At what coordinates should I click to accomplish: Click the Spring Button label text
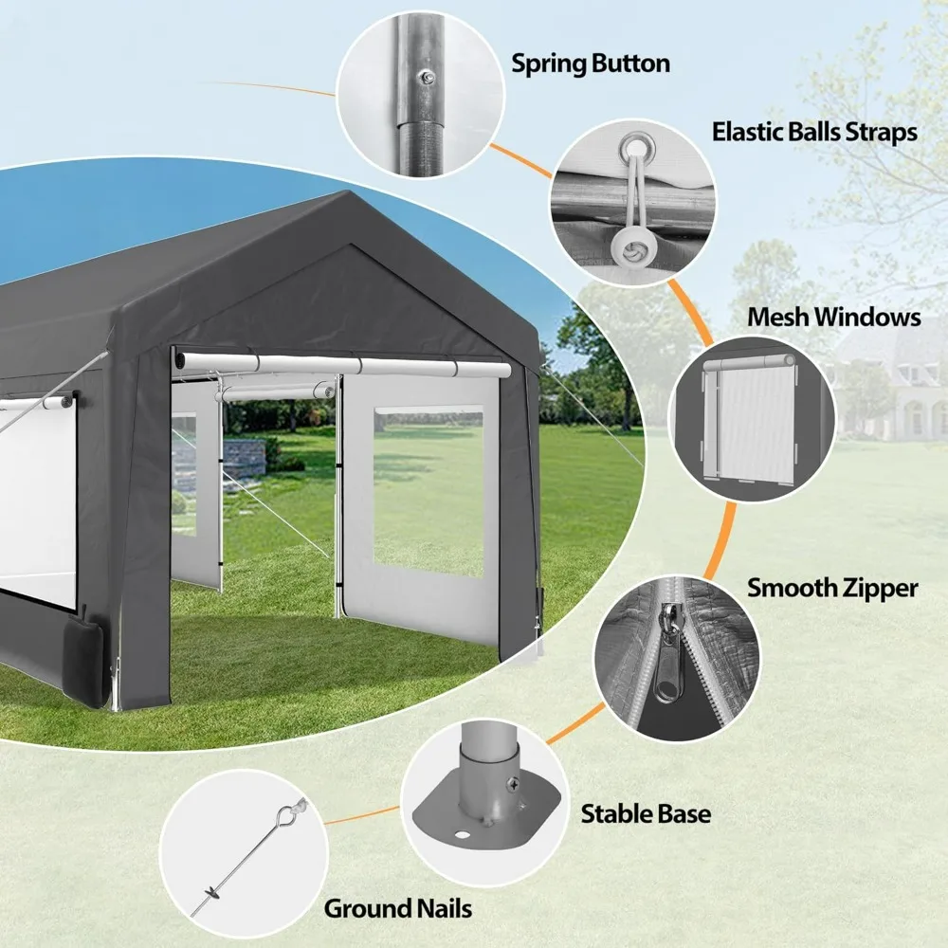[591, 64]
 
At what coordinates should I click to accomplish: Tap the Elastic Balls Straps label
[814, 131]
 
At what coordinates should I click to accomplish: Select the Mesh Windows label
[834, 316]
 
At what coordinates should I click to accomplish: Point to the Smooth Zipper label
[832, 588]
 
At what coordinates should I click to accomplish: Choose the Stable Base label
[646, 812]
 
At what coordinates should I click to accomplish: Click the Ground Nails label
[398, 908]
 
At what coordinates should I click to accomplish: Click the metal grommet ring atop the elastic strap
[631, 147]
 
